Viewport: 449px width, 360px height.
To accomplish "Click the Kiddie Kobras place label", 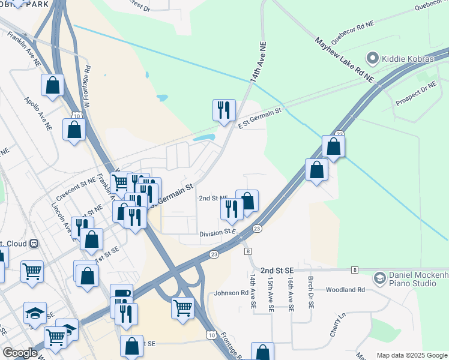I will [x=408, y=58].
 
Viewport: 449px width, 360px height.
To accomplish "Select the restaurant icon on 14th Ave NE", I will [x=224, y=110].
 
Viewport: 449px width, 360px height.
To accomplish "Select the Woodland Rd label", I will [x=345, y=290].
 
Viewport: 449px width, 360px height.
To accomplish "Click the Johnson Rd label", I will [x=231, y=293].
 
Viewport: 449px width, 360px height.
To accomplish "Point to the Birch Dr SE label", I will [x=311, y=293].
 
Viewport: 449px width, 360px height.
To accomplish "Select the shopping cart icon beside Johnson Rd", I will [x=182, y=308].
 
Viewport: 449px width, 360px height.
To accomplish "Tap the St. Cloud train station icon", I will [x=34, y=244].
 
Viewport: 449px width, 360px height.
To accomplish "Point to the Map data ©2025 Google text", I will [x=412, y=355].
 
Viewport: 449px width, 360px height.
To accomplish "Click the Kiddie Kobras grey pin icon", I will [x=372, y=58].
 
